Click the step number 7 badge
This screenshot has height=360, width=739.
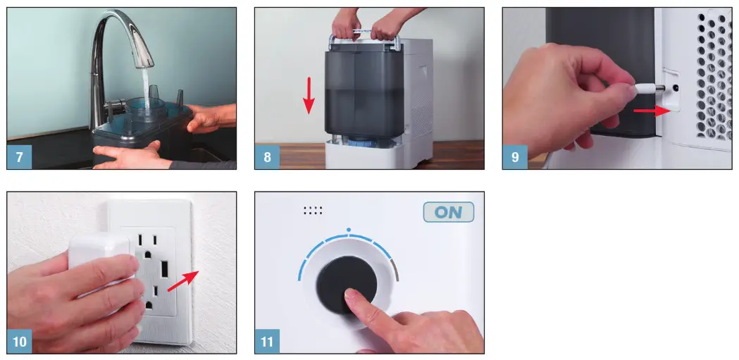(19, 157)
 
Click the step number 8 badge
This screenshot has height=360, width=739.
(267, 157)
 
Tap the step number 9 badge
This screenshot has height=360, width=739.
(515, 157)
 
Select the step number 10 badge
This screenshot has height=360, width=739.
(20, 342)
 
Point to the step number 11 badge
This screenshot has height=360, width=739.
(268, 342)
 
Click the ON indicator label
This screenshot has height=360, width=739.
(448, 213)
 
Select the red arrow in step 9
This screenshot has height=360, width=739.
(647, 111)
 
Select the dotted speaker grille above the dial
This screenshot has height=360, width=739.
(313, 209)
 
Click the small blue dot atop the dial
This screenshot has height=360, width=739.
(348, 230)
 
